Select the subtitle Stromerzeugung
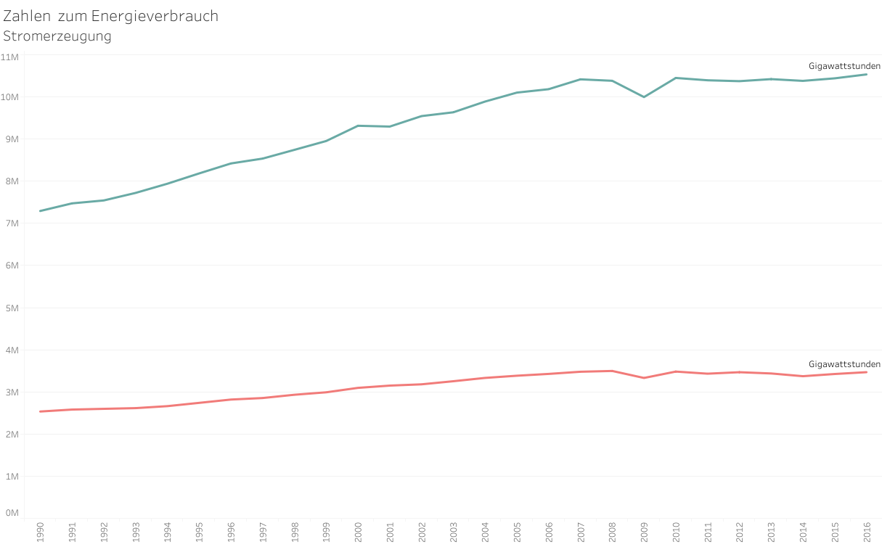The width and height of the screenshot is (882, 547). tap(57, 36)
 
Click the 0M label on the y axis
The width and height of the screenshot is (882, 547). tap(12, 513)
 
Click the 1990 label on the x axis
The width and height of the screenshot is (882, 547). tap(40, 531)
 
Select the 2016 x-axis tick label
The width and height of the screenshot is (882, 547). tap(867, 531)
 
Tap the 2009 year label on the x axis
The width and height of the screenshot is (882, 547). tap(644, 531)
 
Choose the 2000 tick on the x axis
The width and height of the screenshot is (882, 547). tap(358, 531)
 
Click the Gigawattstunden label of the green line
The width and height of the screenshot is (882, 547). tap(844, 66)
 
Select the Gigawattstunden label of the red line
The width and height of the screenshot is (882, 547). tap(844, 364)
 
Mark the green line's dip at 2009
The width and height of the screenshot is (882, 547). tap(644, 96)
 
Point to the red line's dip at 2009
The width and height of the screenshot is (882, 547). tap(644, 378)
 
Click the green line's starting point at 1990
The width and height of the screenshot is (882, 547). tap(40, 211)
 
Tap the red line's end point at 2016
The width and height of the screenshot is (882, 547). tap(866, 372)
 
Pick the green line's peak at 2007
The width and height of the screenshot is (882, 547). tap(580, 79)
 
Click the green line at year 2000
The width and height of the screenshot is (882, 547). tap(358, 126)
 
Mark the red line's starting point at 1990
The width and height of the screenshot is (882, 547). tap(40, 411)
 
